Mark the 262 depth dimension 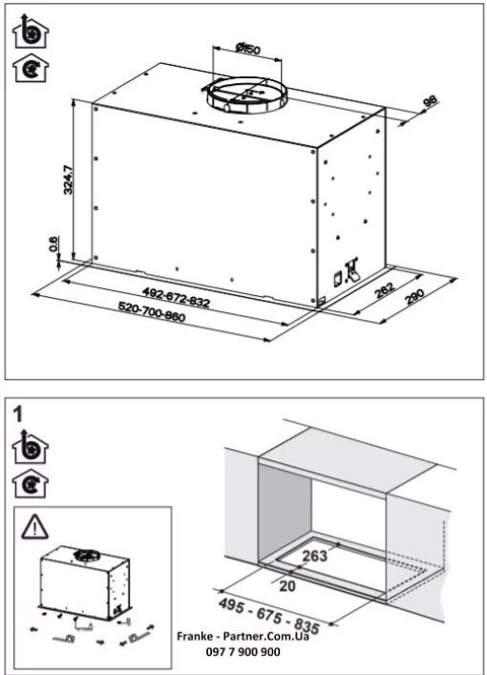(384, 290)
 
